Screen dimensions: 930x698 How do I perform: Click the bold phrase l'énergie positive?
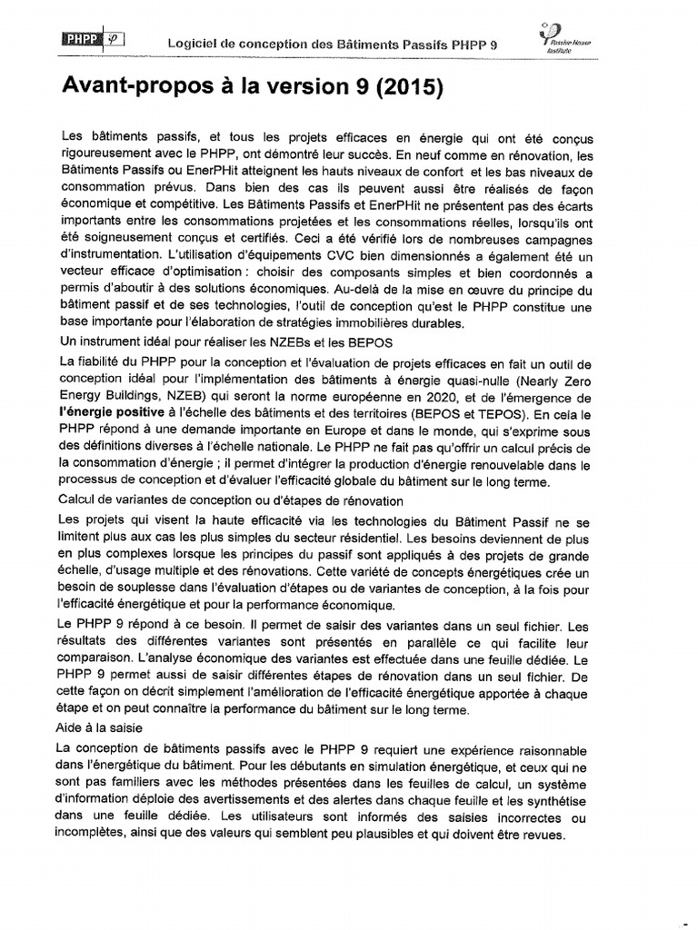coord(113,411)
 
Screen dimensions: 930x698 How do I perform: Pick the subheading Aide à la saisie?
coord(98,729)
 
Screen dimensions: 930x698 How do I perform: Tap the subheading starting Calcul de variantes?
coord(231,500)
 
